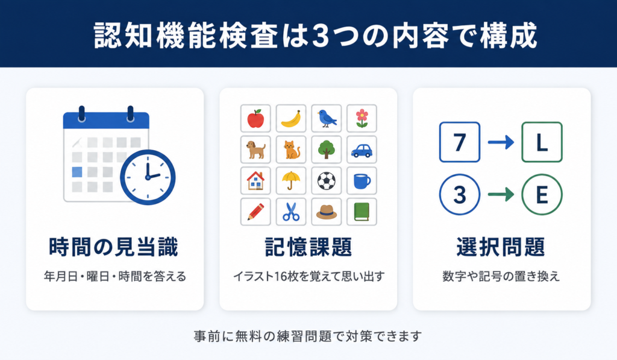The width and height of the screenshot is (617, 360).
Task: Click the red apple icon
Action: [x=255, y=119]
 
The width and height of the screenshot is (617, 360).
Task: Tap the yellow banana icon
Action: [x=291, y=119]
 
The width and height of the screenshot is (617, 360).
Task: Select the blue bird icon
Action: [x=326, y=118]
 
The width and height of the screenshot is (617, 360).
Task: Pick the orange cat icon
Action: [x=291, y=150]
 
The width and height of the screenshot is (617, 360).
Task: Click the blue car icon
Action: [x=362, y=150]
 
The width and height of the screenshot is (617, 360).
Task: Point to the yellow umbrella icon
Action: [x=291, y=181]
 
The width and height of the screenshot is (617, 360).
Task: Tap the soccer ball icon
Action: [x=326, y=181]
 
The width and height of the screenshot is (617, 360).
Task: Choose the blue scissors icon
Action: [x=291, y=212]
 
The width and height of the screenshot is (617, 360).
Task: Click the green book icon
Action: [x=362, y=212]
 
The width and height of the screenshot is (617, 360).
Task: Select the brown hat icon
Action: [x=326, y=212]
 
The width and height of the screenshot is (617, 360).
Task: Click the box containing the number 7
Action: [x=460, y=142]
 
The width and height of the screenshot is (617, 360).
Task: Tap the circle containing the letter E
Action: [x=542, y=195]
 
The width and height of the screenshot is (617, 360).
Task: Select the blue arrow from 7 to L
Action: [x=501, y=142]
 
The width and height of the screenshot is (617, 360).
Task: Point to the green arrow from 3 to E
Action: [x=501, y=195]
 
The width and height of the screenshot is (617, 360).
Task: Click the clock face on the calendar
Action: [x=148, y=177]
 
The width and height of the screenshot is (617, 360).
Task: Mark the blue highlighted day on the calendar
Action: [x=77, y=172]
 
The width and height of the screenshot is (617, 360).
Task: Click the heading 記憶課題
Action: [x=308, y=247]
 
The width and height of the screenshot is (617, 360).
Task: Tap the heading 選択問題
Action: [x=501, y=247]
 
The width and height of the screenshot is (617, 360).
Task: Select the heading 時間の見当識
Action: [x=114, y=247]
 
